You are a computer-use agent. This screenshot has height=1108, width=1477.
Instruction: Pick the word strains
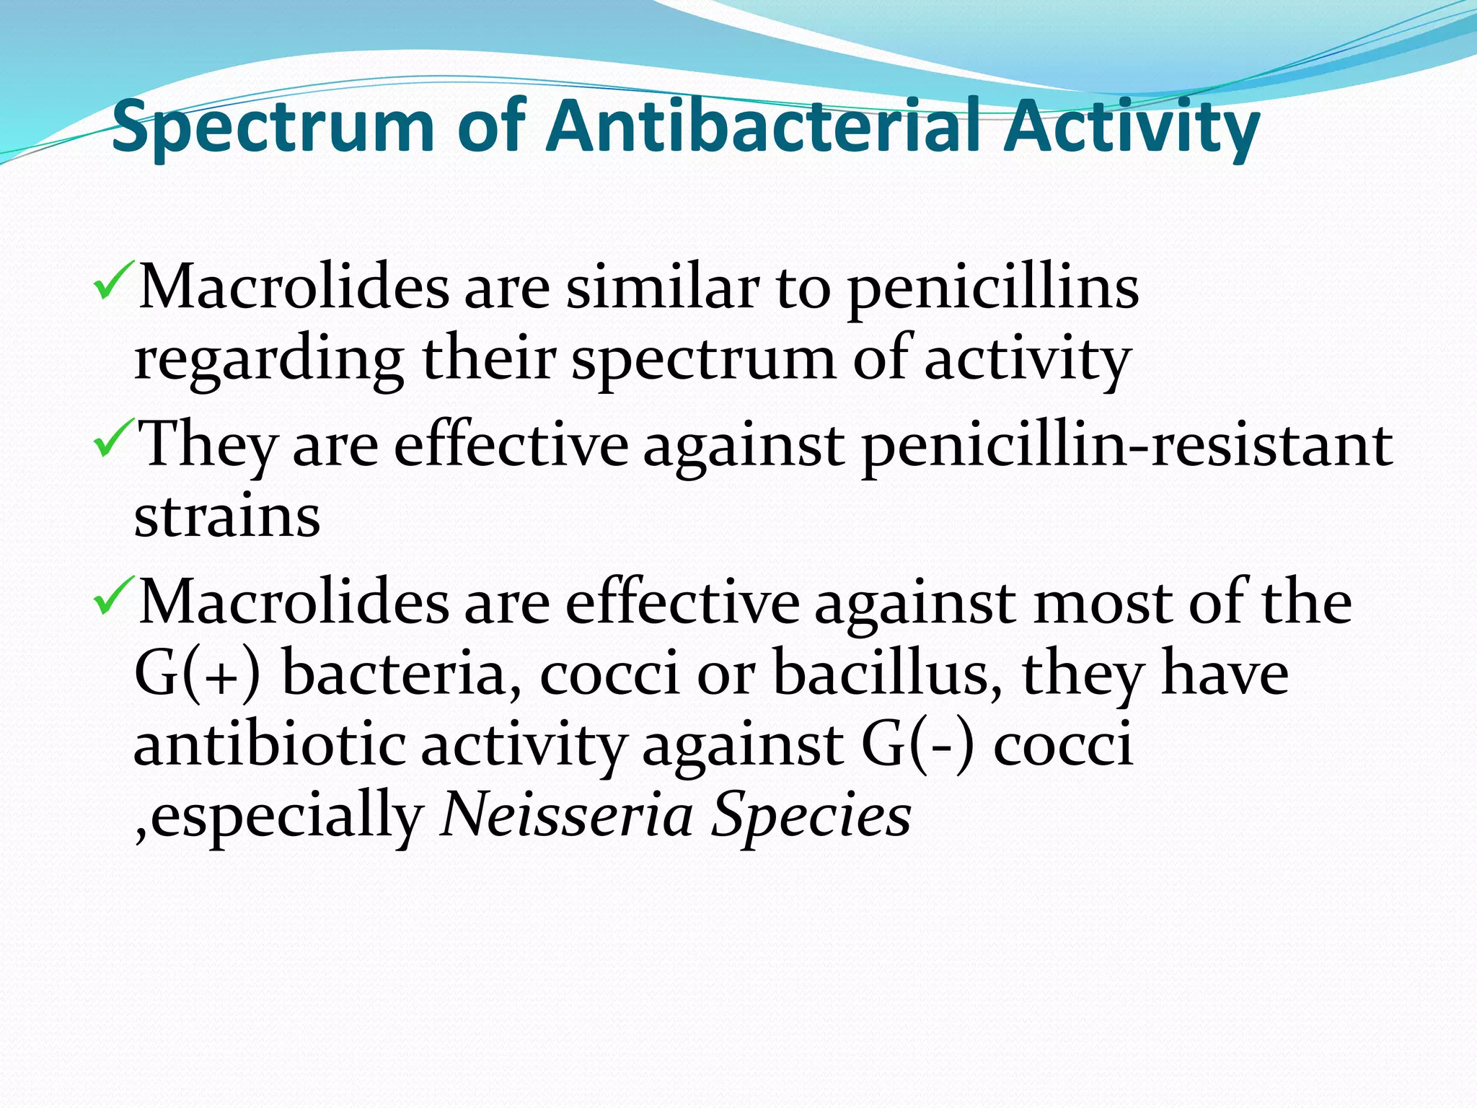tap(227, 517)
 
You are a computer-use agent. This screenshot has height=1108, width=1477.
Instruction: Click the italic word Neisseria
tap(565, 816)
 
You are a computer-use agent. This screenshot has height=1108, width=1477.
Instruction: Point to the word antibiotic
tap(269, 745)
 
